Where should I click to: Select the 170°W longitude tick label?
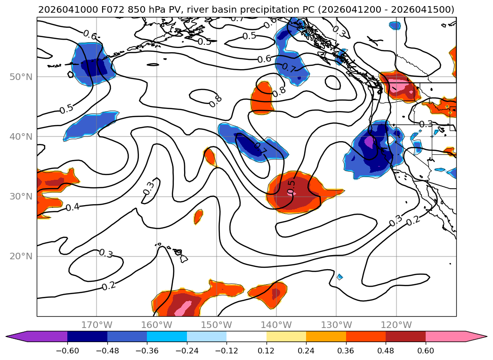(x=97, y=325)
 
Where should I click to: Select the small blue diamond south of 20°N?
(x=339, y=277)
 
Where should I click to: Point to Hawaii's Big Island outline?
(x=184, y=258)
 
